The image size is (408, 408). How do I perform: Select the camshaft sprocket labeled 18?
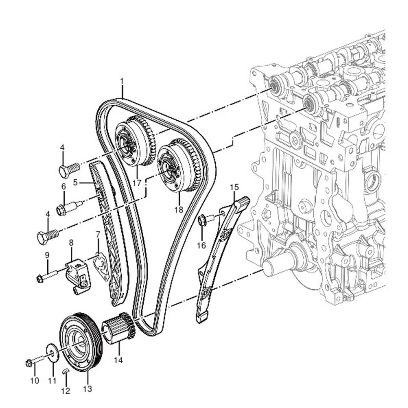pos(177,165)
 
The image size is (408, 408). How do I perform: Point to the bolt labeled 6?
pos(68,208)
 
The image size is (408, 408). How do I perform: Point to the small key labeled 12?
pos(65,370)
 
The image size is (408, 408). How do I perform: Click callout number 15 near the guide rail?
pos(234,187)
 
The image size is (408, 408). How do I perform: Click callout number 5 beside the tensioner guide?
pos(75,182)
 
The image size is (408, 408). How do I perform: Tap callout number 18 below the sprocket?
pos(179,210)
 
